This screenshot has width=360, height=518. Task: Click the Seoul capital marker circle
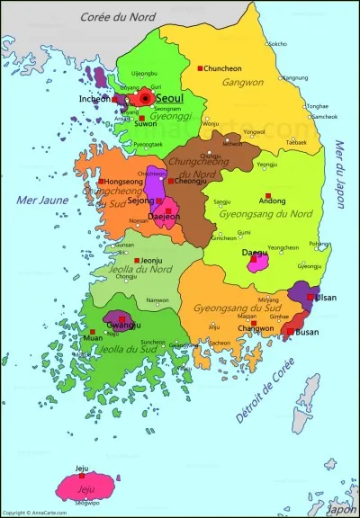(145, 97)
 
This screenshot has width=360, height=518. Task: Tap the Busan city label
(308, 332)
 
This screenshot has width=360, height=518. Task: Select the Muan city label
(93, 338)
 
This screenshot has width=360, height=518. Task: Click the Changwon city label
(255, 328)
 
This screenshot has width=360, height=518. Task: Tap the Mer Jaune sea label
(35, 199)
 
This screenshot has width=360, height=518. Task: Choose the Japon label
(340, 509)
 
